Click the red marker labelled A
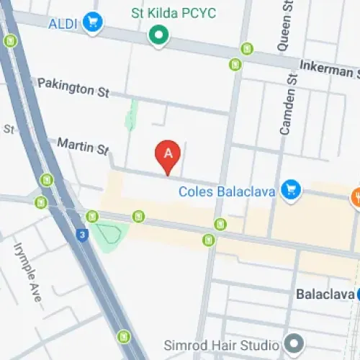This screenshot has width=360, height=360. (168, 154)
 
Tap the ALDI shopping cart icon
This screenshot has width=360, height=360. (91, 22)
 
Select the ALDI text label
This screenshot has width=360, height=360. (63, 24)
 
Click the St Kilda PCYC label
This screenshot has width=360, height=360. (174, 13)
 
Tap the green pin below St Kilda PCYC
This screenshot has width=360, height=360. (158, 34)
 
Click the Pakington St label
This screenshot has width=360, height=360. (73, 89)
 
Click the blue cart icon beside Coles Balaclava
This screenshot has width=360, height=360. (290, 189)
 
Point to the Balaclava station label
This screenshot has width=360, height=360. (323, 295)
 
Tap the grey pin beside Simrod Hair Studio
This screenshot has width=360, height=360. (293, 341)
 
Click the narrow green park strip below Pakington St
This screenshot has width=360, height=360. (131, 115)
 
